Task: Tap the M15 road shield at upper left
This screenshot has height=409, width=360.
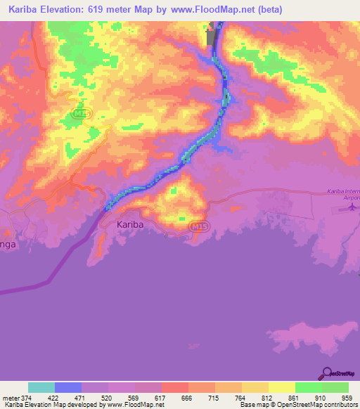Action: (x=82, y=114)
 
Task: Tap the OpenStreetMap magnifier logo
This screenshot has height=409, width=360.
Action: (x=326, y=372)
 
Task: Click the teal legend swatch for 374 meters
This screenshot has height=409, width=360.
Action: (x=41, y=387)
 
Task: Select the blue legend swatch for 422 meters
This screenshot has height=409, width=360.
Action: (x=68, y=387)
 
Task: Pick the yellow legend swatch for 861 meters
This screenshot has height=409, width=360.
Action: (x=282, y=387)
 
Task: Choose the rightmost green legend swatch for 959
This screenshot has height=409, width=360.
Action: (x=335, y=387)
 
